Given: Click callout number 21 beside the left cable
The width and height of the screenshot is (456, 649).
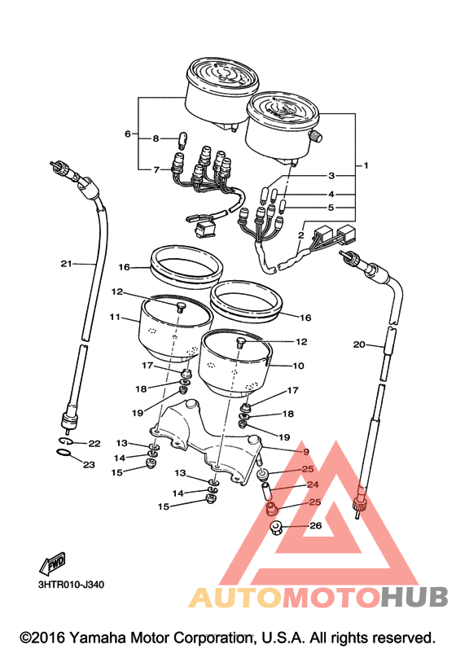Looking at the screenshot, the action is pos(66,263).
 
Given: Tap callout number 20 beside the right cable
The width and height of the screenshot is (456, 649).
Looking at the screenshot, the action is pos(359,344).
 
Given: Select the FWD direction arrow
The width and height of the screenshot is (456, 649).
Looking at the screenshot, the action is pos(52,563).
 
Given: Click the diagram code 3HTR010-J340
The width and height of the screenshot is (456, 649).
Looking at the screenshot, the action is pos(71,585).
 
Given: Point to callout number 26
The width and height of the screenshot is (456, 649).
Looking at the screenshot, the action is pos(316,526).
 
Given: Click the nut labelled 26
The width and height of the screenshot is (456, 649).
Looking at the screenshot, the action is pos(276,528).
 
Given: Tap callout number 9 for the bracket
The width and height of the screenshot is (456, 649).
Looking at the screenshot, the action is pos(306,452).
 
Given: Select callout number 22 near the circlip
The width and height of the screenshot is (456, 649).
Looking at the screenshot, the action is pos(94,444).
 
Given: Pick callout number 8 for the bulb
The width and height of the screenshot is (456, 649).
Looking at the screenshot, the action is pos(156,138).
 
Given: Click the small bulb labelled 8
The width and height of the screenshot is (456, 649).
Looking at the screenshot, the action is pos(182,140).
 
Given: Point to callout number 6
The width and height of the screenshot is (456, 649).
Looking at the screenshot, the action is pos(128,134).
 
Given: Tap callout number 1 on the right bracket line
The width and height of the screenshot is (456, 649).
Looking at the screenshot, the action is pos(366,165).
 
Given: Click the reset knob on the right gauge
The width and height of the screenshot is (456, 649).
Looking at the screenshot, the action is pos(316,135).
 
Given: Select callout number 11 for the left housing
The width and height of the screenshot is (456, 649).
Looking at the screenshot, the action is pos(115,317).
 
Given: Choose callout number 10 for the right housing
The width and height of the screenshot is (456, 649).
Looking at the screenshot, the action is pos(298,366).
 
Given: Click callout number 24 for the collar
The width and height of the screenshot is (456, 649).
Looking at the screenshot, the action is pos(313,485).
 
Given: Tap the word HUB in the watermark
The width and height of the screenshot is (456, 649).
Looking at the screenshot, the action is pos(414,597).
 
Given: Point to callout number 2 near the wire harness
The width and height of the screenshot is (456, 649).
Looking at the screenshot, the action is pos(300,235).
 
